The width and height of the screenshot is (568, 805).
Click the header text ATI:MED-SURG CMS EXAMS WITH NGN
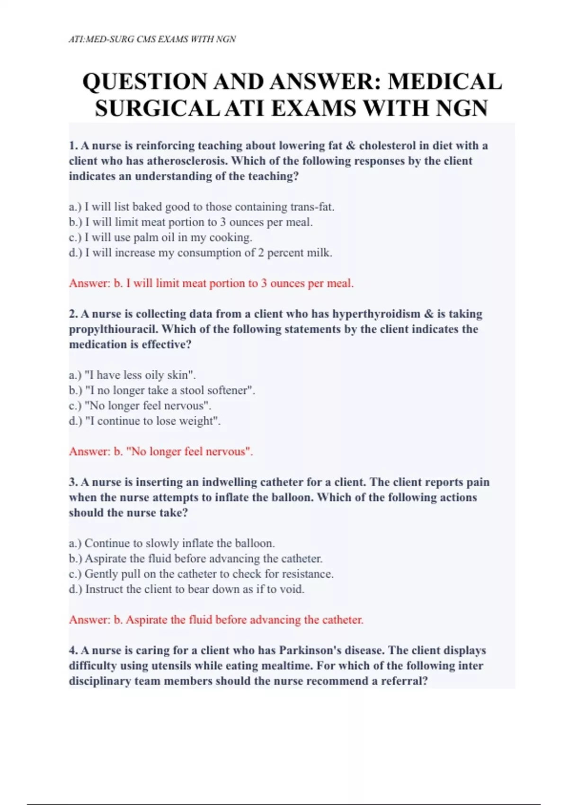152,39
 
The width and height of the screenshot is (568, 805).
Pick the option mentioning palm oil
160,237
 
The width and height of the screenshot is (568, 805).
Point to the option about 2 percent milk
201,253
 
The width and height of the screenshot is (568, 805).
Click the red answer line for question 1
211,284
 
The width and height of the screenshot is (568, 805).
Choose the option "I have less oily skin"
133,375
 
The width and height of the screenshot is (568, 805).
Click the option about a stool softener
162,390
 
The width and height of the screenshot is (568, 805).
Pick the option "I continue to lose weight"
145,421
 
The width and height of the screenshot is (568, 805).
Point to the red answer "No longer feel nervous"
161,452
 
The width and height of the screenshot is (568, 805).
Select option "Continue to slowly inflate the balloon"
172,543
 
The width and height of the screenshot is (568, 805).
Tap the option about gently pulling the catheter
201,574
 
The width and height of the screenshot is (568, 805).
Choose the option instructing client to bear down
186,589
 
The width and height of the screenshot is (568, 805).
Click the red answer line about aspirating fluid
216,620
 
